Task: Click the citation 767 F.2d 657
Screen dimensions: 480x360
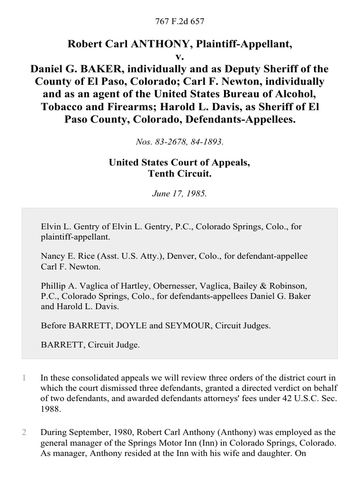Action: click(x=180, y=21)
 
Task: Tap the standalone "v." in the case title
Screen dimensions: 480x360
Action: click(x=180, y=57)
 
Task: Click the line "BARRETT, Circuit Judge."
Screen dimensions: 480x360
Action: click(x=90, y=345)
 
